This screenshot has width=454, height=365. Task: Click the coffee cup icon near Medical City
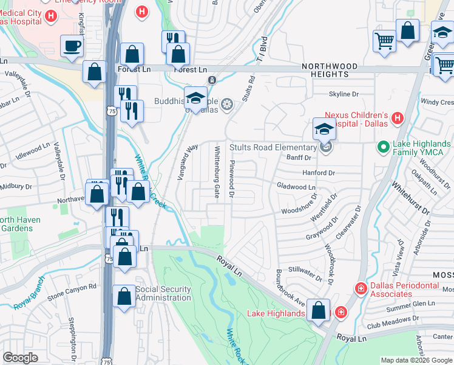tap(72, 46)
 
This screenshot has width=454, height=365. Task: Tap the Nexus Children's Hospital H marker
tap(397, 117)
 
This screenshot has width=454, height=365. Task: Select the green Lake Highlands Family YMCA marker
tap(383, 146)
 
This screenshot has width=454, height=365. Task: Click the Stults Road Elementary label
tap(272, 147)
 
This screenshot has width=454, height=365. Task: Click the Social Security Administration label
tap(163, 293)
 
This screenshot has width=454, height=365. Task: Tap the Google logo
tap(21, 358)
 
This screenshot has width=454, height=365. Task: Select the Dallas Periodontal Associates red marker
tap(361, 287)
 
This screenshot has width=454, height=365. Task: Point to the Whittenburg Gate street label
tap(217, 172)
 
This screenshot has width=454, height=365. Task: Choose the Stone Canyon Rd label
tap(72, 287)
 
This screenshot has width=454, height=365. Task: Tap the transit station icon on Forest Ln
tap(212, 80)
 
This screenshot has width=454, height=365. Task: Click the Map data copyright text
tap(402, 360)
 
